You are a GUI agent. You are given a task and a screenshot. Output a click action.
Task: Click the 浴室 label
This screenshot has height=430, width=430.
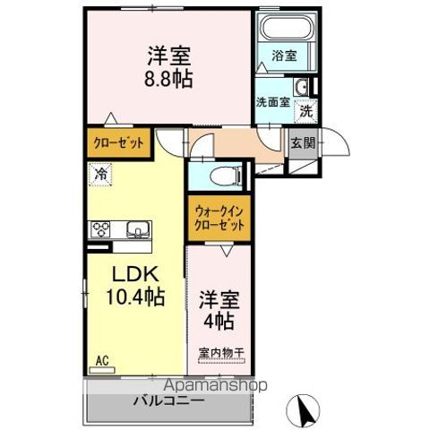pos(286,56)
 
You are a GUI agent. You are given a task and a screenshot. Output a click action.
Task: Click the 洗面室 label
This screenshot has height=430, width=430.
pos(271,103)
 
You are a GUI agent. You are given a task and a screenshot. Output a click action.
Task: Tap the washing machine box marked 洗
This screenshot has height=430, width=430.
pos(305,111)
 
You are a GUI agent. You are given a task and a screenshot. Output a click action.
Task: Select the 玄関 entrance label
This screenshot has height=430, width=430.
pos(301,141)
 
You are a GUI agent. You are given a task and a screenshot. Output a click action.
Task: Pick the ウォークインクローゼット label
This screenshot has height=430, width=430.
pos(219,219)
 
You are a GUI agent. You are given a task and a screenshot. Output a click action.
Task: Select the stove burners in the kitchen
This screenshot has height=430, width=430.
pos(99,229)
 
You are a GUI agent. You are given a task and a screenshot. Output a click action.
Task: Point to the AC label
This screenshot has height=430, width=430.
pos(103,361)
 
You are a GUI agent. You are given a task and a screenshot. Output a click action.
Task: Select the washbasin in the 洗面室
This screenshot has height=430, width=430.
pos(302,88)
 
